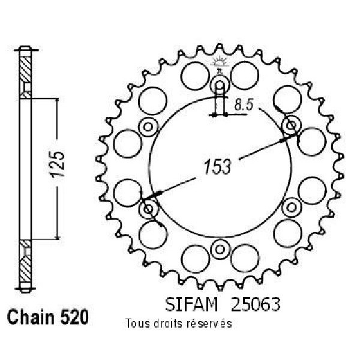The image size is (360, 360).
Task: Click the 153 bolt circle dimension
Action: pyautogui.click(x=217, y=167)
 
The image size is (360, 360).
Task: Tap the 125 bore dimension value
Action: pyautogui.click(x=58, y=164)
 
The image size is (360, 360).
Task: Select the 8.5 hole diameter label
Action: pyautogui.click(x=244, y=105)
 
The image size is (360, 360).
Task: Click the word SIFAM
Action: pyautogui.click(x=191, y=305)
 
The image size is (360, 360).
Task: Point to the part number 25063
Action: pyautogui.click(x=256, y=305)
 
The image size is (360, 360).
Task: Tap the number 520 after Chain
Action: pyautogui.click(x=74, y=317)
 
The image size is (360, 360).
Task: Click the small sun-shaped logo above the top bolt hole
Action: pyautogui.click(x=220, y=62)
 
